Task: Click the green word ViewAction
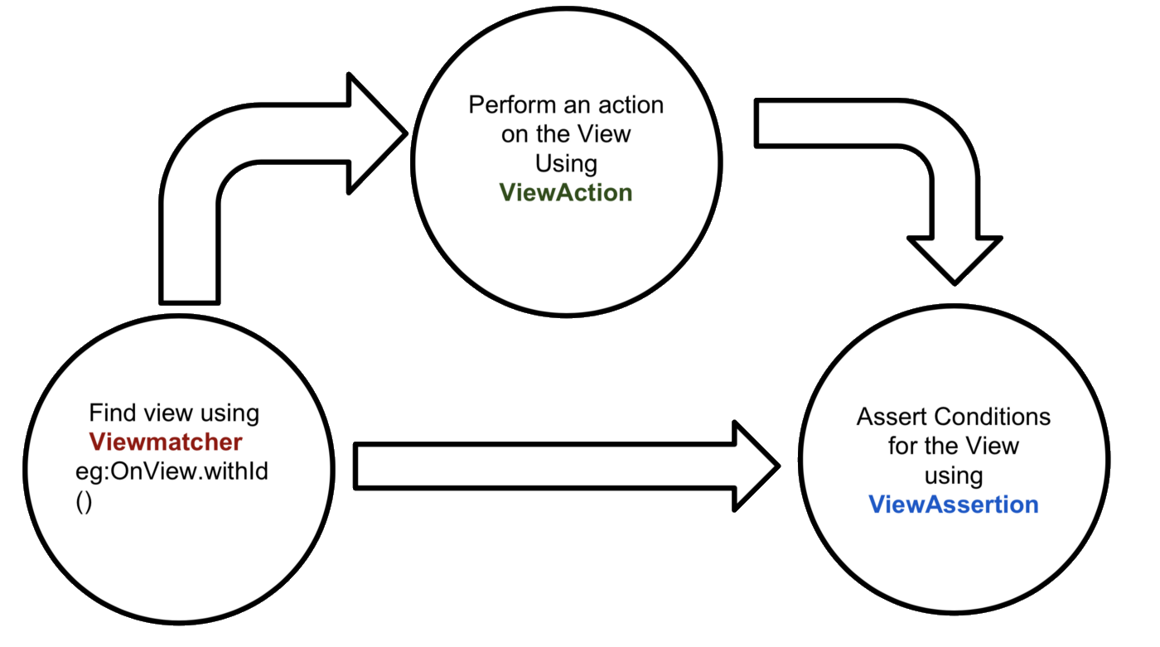click(566, 192)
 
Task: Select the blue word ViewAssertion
click(953, 504)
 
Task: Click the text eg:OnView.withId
click(172, 471)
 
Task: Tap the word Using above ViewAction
click(566, 162)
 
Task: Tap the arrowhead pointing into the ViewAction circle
click(374, 133)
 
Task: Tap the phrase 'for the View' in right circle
click(953, 446)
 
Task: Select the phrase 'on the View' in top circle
click(566, 133)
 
